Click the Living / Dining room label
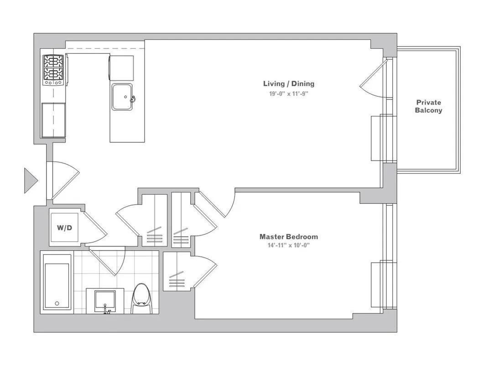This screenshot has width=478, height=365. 288,83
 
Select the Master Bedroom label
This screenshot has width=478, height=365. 288,236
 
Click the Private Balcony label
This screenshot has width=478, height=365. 428,106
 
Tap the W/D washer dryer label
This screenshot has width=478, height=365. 64,228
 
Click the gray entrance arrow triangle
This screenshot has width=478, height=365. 30,180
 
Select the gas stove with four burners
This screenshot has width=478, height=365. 53,69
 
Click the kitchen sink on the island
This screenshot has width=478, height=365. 122,97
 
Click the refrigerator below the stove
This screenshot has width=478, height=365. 53,120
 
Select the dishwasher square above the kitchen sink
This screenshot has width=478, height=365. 122,68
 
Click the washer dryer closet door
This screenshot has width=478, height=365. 95,228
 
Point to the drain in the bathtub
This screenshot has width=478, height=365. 57,303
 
